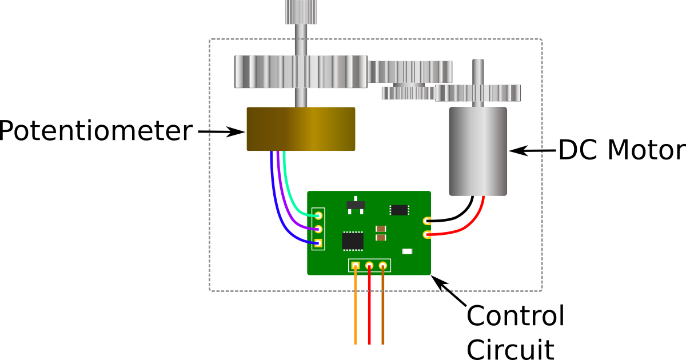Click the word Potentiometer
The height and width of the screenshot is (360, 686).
click(96, 131)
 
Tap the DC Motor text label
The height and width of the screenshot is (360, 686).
click(623, 150)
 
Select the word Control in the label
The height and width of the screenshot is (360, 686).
click(516, 315)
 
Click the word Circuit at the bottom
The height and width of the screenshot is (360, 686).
click(510, 349)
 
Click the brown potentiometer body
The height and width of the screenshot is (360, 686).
click(301, 129)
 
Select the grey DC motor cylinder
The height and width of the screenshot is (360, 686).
click(478, 151)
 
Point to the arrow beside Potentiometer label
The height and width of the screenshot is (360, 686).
click(221, 132)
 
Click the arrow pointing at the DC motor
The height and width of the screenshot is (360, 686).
click(532, 151)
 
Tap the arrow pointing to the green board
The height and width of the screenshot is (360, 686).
click(449, 290)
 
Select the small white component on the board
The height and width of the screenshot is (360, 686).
click(407, 251)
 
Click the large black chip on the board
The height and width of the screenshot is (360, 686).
click(353, 241)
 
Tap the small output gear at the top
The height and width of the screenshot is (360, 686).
click(301, 12)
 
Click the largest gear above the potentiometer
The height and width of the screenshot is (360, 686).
click(301, 71)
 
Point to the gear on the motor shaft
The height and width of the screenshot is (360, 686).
click(478, 93)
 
